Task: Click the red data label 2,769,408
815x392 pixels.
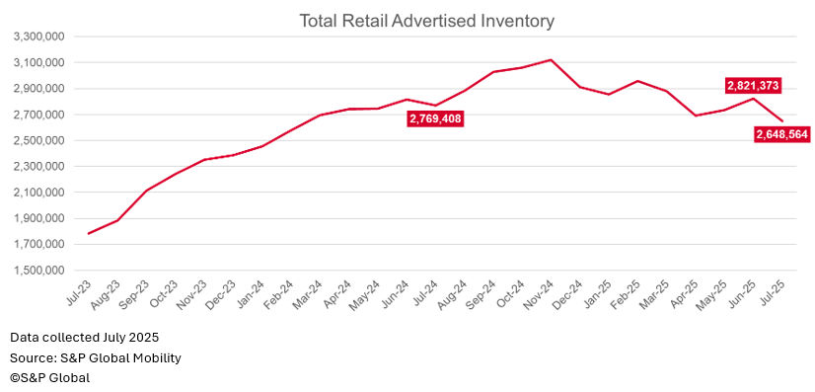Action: coord(435,118)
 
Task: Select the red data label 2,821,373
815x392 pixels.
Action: coord(753,85)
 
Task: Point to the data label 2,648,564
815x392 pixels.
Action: coord(781,134)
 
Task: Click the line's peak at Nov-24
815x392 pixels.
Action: coord(551,59)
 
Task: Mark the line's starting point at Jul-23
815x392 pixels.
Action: coord(89,234)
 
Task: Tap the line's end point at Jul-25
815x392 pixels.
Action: coord(782,121)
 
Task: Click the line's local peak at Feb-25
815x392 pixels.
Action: coord(637,81)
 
